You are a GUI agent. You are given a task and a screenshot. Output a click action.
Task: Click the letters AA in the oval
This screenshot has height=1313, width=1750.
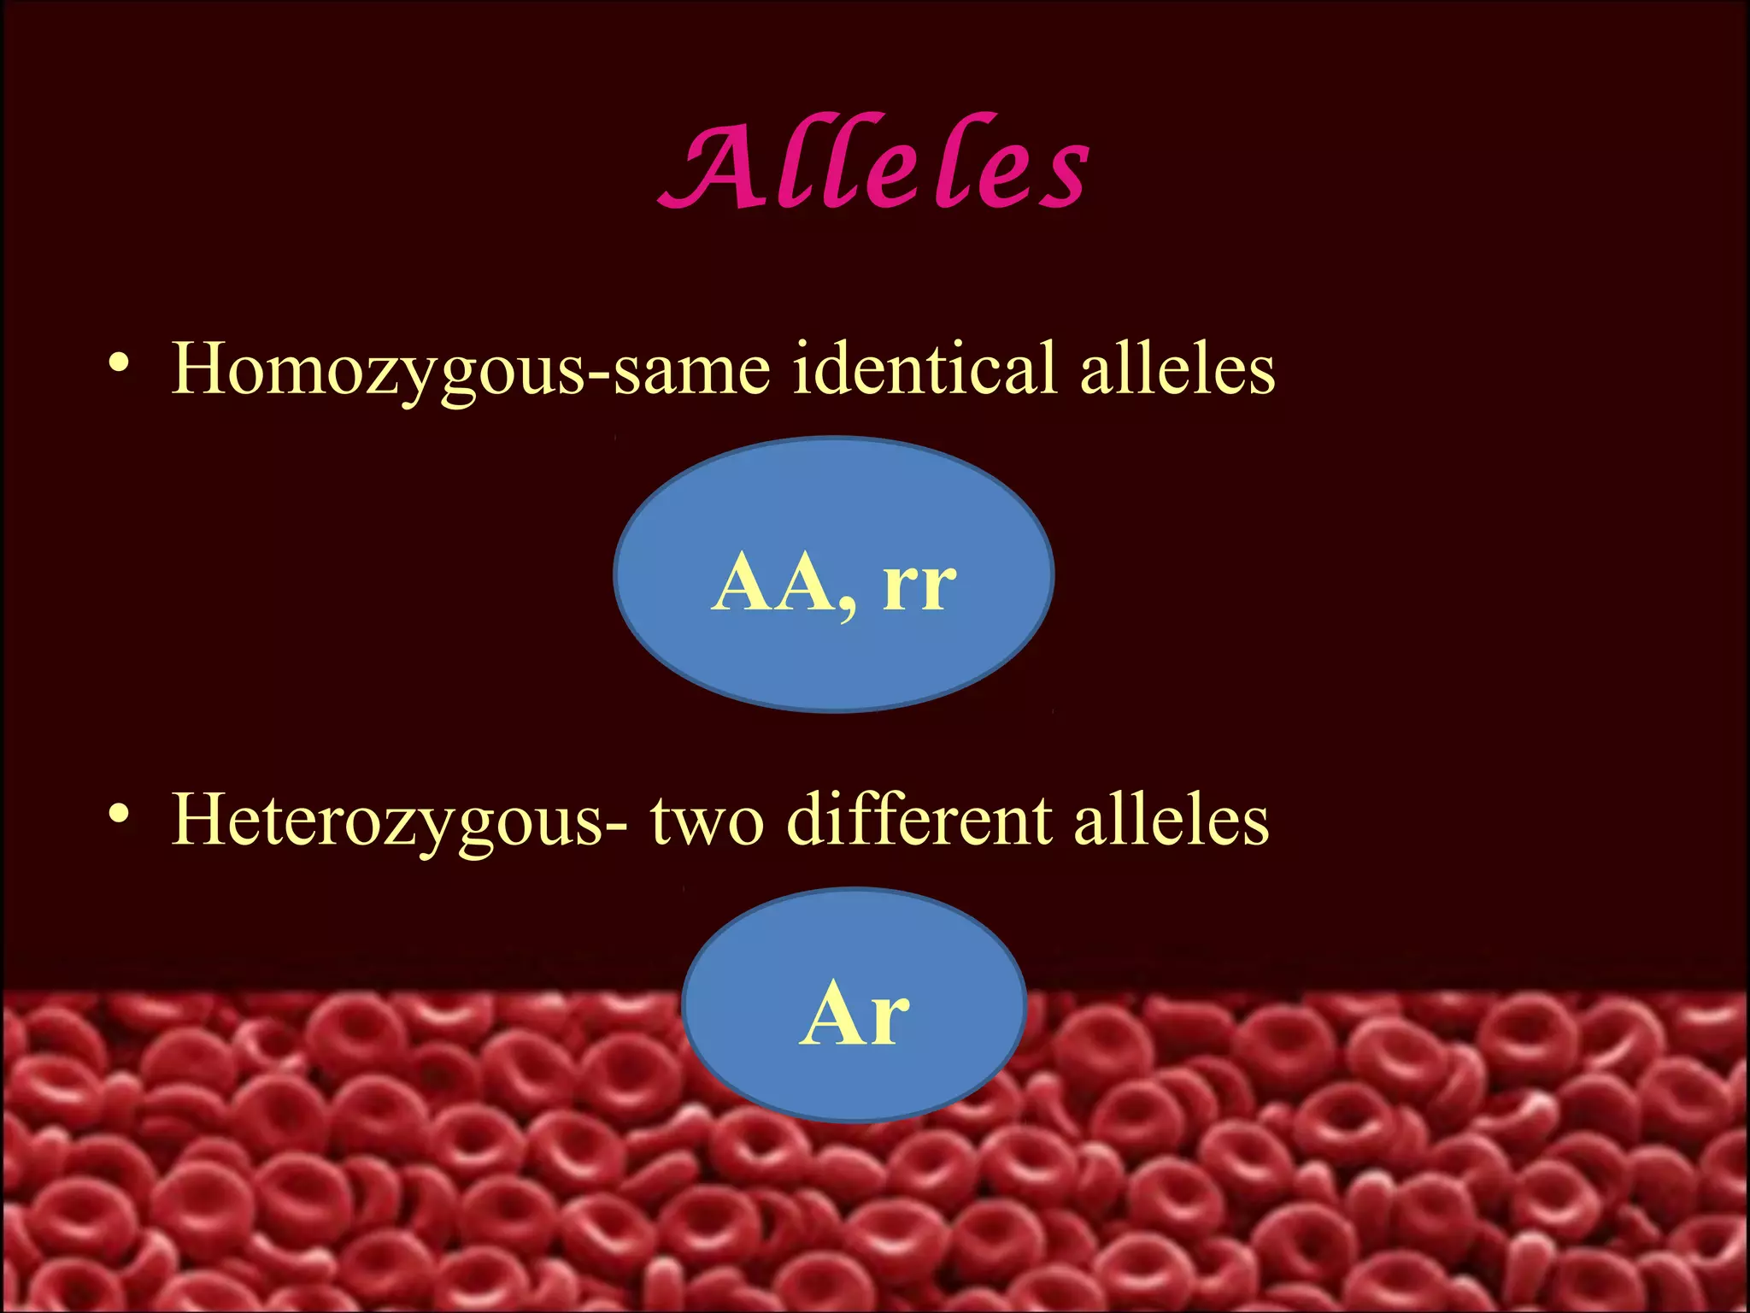[773, 583]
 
